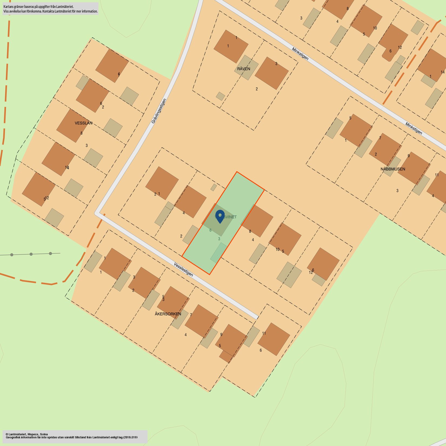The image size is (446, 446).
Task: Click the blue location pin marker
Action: point(220,216)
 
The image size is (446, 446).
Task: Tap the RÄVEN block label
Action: point(244,69)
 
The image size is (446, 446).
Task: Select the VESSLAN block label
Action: point(84,123)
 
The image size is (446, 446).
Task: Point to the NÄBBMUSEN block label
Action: point(393,169)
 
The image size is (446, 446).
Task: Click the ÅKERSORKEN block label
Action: point(168,314)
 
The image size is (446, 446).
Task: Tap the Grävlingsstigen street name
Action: point(159,111)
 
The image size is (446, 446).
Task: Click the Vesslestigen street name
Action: point(184,269)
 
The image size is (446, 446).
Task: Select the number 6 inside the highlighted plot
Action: point(210,230)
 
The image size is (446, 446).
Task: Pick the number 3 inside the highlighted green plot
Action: point(219,239)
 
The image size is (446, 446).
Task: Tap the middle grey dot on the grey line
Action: point(31,254)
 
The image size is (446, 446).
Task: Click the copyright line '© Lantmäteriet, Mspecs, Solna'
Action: point(27,434)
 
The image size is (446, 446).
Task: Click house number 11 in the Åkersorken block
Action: point(264,333)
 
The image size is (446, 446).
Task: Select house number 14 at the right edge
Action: point(442,72)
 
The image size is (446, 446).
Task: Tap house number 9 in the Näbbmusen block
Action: point(408,156)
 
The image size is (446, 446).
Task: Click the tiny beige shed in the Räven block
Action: point(220,96)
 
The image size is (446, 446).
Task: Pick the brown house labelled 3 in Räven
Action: point(271,73)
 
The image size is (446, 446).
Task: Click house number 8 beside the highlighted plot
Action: point(250,231)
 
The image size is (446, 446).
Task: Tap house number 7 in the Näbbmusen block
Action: point(380,138)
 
